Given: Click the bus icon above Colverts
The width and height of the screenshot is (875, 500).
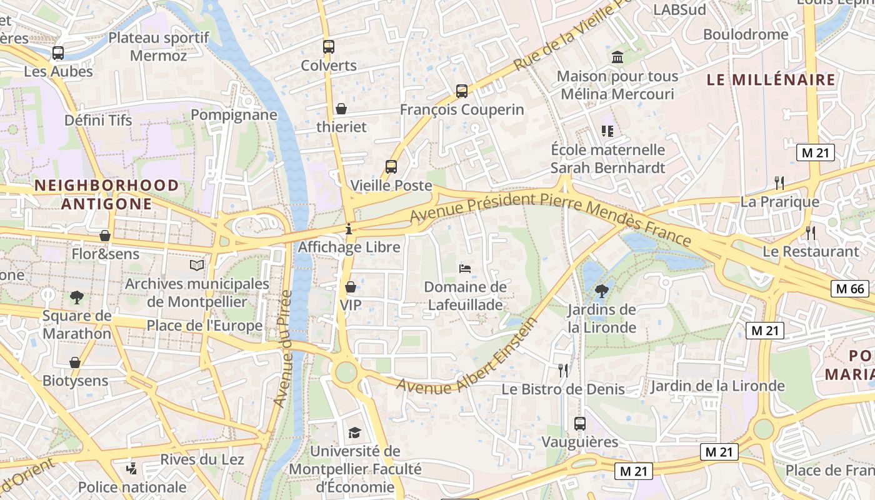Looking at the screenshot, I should pos(328,46).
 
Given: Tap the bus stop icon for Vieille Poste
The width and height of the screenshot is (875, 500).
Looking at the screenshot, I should pos(391,167).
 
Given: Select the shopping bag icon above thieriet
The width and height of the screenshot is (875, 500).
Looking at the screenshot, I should pos(341,108).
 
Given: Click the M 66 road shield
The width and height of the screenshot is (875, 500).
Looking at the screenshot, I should pos(850,288).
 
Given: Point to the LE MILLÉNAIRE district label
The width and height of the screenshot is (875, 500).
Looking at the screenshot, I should pos(771,80).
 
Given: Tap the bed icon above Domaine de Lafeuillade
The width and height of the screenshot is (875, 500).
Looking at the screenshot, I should pos(465,268).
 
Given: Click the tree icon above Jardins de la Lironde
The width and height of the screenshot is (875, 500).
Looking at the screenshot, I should pos(601,291).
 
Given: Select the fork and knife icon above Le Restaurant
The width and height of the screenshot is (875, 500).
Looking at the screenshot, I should pos(811,233).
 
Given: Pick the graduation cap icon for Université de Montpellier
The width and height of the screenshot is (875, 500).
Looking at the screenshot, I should pos(354,432).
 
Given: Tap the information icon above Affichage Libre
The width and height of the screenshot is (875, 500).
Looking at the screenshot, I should pos(349,229).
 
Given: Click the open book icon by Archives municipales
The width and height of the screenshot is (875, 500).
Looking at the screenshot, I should pos(197,266).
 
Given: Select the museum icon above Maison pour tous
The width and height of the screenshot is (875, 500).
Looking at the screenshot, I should pos(617,57).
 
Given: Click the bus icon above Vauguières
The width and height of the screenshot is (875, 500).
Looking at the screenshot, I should pos(579,423).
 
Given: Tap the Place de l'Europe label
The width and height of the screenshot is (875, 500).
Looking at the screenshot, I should pos(204,326).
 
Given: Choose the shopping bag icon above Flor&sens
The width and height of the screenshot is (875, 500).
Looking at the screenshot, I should pos(105,236).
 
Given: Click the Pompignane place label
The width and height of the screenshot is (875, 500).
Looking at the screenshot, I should pos(234,115).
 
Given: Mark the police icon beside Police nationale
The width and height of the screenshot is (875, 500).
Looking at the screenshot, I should pos(131,468).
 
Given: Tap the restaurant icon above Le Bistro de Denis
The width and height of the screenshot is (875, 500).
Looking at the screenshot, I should pos(563,370).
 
